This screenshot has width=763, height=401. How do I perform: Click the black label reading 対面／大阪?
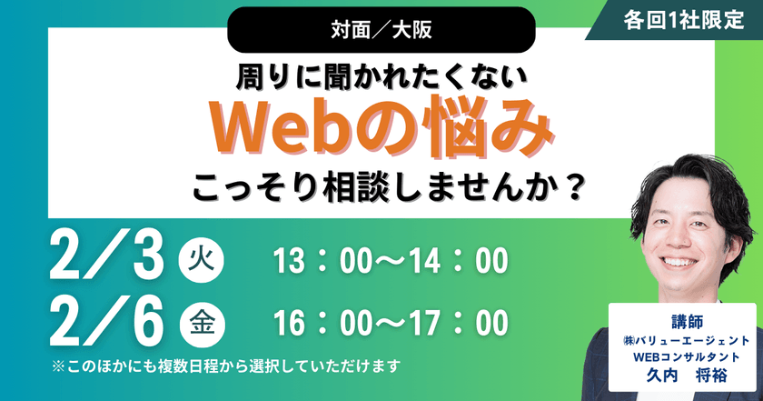coord(381,29)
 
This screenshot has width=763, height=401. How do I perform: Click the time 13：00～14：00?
coord(390,262)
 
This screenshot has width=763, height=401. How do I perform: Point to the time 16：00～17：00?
coord(390,324)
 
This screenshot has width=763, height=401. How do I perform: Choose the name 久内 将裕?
coord(683,375)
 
